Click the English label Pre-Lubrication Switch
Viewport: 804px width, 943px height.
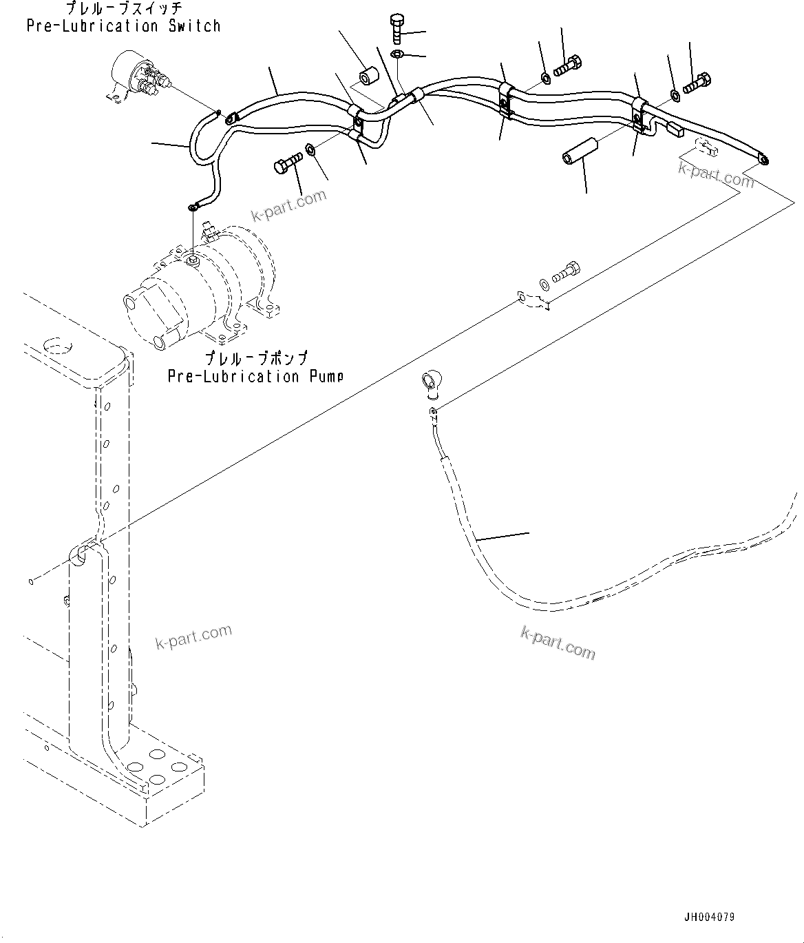(x=124, y=26)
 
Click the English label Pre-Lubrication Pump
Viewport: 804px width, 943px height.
(x=255, y=376)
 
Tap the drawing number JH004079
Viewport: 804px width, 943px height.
(x=708, y=918)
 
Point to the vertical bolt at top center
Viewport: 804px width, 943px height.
(x=398, y=29)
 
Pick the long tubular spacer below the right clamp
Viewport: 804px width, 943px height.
(x=580, y=150)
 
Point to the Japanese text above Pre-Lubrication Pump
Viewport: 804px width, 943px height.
(x=255, y=359)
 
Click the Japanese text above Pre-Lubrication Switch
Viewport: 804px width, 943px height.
(x=124, y=9)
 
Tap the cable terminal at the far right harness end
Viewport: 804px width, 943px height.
(x=763, y=160)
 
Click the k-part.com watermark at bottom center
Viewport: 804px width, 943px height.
(x=558, y=642)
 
